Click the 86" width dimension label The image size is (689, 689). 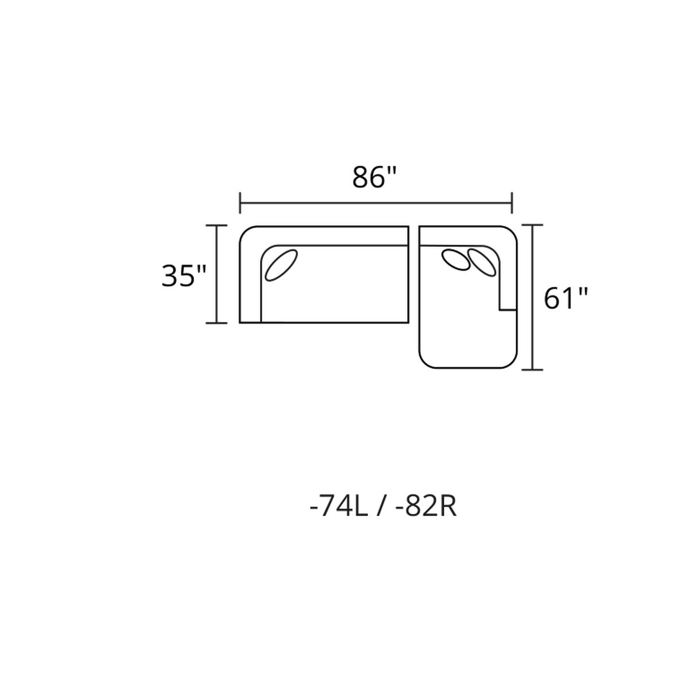[x=374, y=177]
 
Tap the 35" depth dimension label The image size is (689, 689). [x=184, y=276]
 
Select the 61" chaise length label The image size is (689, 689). [x=566, y=299]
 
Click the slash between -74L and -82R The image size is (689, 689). [x=382, y=508]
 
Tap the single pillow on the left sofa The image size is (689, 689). [x=281, y=265]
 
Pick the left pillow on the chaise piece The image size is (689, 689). [x=455, y=260]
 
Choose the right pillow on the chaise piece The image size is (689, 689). [x=481, y=262]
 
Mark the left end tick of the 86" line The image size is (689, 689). [x=240, y=203]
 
